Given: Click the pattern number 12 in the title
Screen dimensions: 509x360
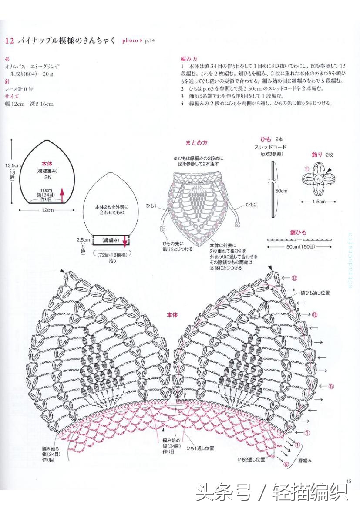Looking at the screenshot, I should pos(9,41).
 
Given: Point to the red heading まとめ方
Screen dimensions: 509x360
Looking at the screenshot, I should pos(196,143).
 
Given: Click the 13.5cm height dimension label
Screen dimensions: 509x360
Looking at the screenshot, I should pos(13,165).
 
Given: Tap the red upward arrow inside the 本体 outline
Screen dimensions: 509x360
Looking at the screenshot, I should pos(62,195).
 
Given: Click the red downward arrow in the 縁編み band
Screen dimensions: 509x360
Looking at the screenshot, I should pos(124,240).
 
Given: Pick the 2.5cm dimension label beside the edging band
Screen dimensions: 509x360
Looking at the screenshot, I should pos(83,240).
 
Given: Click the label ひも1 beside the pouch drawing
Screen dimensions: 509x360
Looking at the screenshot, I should pos(151,205).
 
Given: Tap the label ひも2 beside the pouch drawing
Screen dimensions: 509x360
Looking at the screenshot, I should pos(252,204).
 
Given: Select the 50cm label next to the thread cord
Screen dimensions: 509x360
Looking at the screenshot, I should pos(281,190).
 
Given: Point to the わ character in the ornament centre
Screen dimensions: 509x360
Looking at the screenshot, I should pos(318,179).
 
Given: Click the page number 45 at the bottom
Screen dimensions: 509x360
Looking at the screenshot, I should pos(348,481).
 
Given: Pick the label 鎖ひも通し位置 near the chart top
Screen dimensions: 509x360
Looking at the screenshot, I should pos(314,293).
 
